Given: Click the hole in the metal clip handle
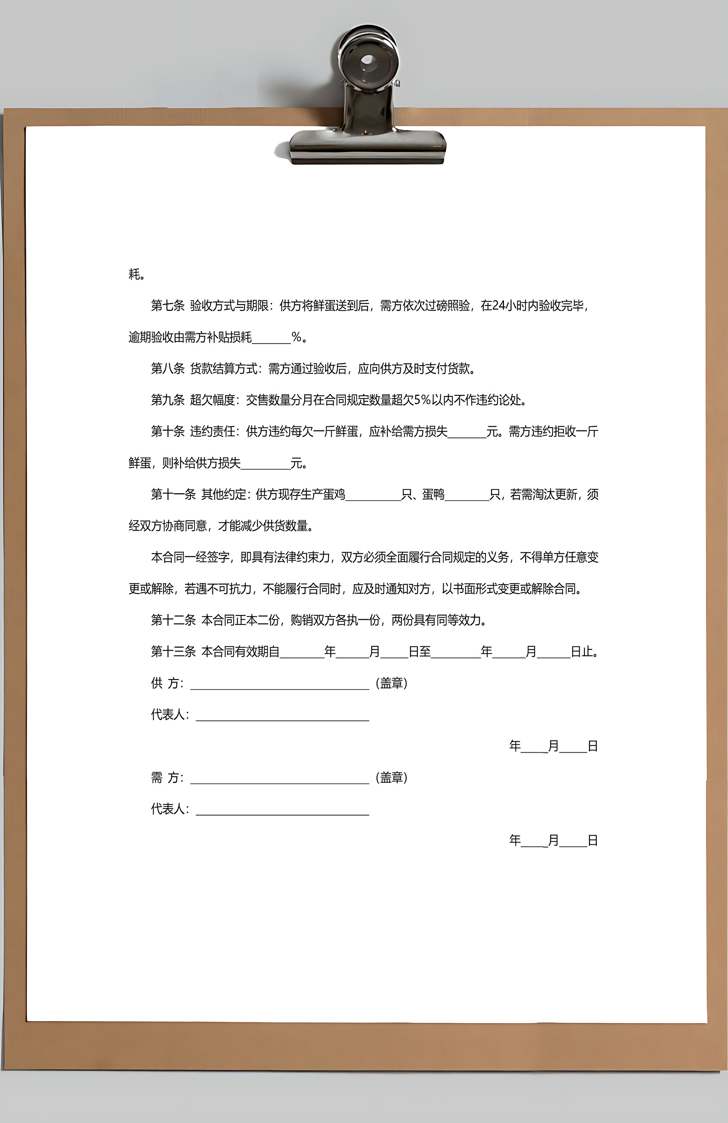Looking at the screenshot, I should [368, 61].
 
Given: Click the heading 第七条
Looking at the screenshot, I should [168, 306].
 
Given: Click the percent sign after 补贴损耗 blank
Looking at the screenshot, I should [296, 337].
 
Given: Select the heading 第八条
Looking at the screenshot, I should [168, 369].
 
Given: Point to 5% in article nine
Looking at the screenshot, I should [422, 400].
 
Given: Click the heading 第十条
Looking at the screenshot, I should [168, 431].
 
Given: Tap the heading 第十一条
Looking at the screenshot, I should [173, 494].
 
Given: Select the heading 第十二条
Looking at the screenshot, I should [173, 620].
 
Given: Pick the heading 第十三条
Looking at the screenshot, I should [173, 652].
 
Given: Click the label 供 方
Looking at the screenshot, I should [166, 683].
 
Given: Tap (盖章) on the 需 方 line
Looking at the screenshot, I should [392, 778].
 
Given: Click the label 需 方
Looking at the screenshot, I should [166, 778].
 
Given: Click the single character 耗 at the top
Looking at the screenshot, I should [135, 274].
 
